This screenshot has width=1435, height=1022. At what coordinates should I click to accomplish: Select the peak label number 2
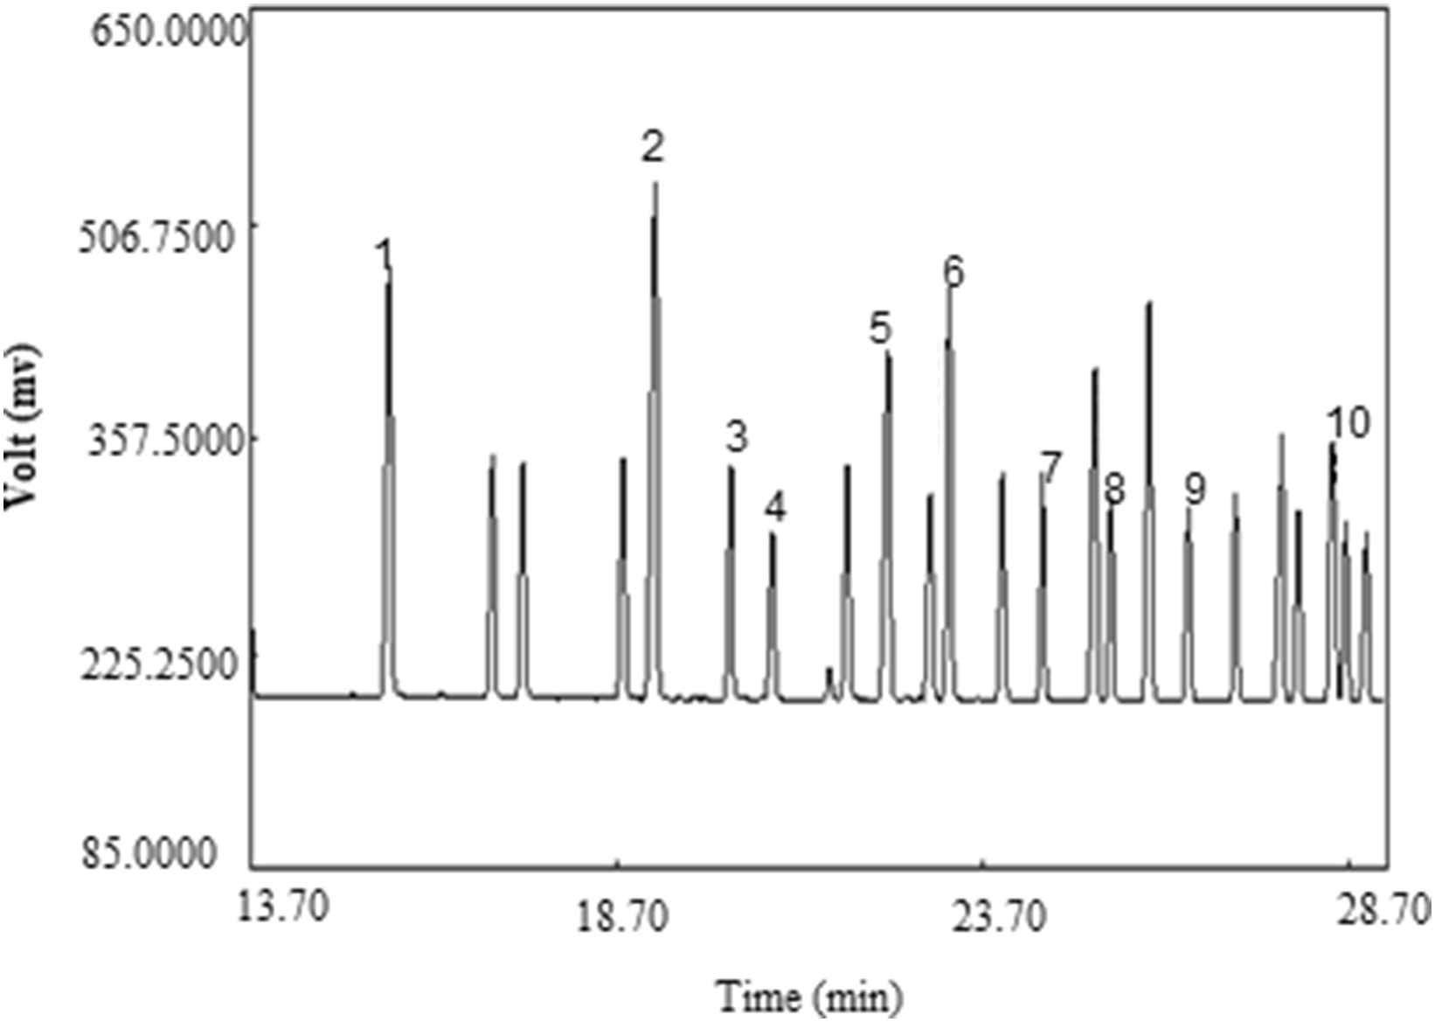coord(653,147)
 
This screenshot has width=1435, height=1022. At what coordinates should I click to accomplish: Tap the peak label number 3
coord(738,436)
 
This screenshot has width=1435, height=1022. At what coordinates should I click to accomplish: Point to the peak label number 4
coord(775,507)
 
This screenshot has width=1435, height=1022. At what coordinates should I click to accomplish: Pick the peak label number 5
coord(880,329)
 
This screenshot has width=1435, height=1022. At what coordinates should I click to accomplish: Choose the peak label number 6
coord(953,272)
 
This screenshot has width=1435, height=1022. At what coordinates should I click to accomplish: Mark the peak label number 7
coord(1051,468)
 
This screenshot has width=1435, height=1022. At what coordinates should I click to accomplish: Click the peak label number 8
coord(1114,490)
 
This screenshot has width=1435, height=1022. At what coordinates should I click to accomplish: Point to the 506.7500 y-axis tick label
coord(165,235)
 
